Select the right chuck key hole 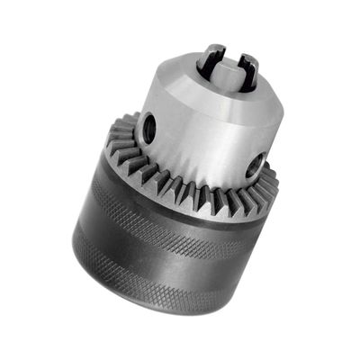tap(256, 166)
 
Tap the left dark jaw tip tap(211, 59)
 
